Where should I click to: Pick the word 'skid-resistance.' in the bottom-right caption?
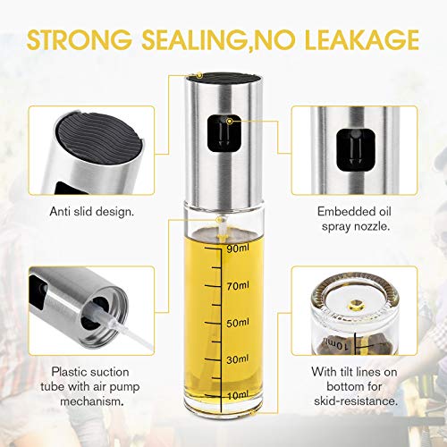(368, 401)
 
